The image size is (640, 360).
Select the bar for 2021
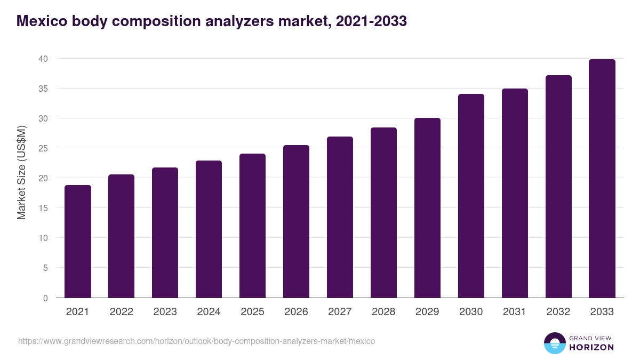click(78, 242)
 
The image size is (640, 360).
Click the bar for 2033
click(602, 179)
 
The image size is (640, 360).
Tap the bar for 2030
click(471, 196)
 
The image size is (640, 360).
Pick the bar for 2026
click(296, 221)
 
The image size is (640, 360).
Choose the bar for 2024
click(209, 229)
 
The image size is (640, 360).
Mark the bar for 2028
click(383, 213)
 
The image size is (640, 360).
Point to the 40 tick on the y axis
click(43, 59)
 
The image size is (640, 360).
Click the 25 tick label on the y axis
click(43, 148)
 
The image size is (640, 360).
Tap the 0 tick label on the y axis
click(46, 298)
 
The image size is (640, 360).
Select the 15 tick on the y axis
click(43, 208)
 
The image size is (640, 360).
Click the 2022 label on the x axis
click(122, 312)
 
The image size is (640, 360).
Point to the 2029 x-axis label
click(427, 312)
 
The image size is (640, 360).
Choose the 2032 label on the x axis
click(558, 312)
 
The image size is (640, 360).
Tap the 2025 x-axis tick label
click(252, 312)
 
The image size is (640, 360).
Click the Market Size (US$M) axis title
click(21, 172)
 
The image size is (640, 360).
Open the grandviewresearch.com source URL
click(196, 341)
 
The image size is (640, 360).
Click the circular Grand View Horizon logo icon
click(555, 343)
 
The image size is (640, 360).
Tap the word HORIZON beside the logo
click(591, 347)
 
